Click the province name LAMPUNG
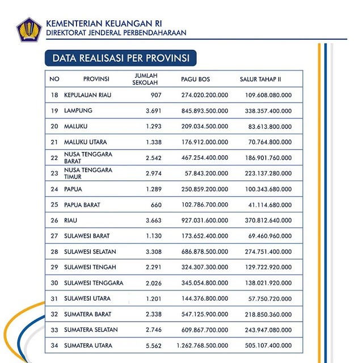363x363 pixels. (78, 111)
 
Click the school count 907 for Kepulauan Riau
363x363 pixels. (156, 95)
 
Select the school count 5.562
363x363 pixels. (153, 345)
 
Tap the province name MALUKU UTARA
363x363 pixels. (86, 142)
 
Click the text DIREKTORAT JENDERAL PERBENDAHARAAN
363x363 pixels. (116, 33)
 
